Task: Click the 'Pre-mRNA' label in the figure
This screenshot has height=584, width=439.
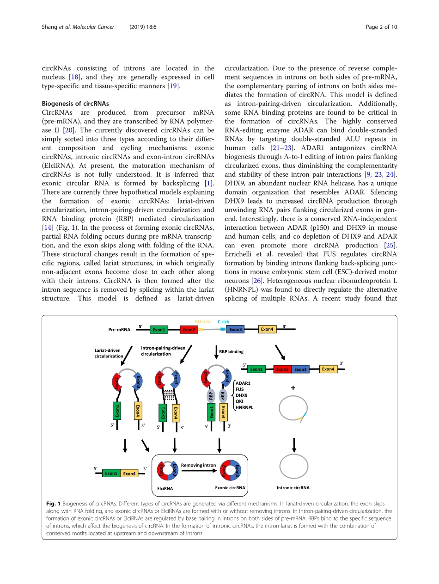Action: (119, 330)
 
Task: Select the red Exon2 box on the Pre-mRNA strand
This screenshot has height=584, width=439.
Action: (189, 330)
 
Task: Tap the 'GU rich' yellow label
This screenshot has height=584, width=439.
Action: (202, 322)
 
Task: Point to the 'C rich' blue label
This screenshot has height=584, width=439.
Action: (224, 322)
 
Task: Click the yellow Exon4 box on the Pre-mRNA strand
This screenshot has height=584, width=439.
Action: (267, 329)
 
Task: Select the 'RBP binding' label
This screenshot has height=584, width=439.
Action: (231, 351)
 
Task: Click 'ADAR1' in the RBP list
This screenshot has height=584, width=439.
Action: (243, 383)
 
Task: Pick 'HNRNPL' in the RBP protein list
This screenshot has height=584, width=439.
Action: (244, 407)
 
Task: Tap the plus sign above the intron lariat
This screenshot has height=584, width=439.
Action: (293, 388)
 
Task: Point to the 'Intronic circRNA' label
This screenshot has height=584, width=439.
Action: (293, 488)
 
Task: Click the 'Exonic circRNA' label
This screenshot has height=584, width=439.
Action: (230, 487)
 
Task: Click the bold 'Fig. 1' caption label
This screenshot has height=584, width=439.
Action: (54, 503)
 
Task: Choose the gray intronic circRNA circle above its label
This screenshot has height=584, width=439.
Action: (293, 466)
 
